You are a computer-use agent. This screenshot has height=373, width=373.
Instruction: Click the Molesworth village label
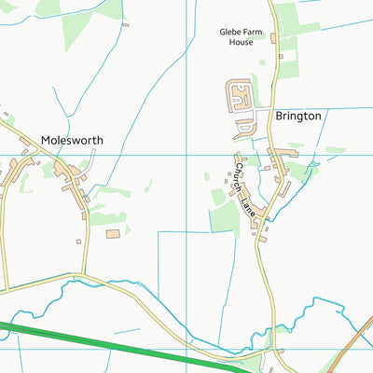pyautogui.click(x=72, y=141)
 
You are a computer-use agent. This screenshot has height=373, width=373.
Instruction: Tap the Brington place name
pyautogui.click(x=298, y=116)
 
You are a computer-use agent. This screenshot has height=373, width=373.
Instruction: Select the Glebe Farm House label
pyautogui.click(x=242, y=36)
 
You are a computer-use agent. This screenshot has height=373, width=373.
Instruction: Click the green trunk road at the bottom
pyautogui.click(x=140, y=349)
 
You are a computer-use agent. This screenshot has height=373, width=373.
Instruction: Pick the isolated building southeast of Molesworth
pyautogui.click(x=114, y=233)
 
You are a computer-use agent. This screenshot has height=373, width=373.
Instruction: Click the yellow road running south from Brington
pyautogui.click(x=271, y=280)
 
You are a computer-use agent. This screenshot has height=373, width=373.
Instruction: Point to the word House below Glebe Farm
pyautogui.click(x=242, y=43)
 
